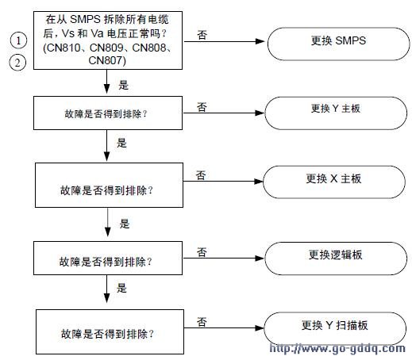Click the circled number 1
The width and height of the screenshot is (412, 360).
(18, 40)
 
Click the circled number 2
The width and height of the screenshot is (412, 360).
(17, 63)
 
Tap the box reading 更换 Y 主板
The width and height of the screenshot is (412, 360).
(336, 113)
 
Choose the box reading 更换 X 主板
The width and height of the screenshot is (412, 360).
(334, 182)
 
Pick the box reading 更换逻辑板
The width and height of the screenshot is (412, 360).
(336, 259)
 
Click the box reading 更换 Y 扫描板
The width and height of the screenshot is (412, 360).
(335, 328)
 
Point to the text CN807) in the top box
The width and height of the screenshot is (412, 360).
(107, 60)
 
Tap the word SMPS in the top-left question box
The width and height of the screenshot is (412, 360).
(85, 19)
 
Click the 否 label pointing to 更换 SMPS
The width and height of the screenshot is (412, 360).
(202, 35)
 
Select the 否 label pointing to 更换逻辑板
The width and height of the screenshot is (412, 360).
(202, 252)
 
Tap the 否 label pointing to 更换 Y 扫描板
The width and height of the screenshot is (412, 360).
(202, 322)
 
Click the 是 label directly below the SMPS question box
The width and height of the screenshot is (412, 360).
(123, 85)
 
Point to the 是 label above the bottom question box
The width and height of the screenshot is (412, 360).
(121, 288)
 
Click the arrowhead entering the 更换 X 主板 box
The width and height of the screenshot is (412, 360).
(259, 182)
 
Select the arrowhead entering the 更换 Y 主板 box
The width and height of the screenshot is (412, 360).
(260, 113)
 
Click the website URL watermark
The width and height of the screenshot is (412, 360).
(337, 348)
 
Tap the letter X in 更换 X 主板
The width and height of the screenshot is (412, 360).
(334, 179)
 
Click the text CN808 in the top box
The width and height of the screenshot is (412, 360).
(149, 48)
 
